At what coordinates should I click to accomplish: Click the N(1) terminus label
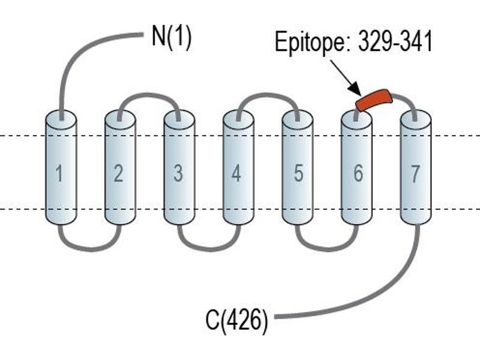tap(172, 37)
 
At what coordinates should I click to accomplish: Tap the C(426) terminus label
tap(236, 320)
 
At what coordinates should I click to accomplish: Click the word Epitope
tap(314, 43)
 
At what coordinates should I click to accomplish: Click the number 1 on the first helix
tap(59, 173)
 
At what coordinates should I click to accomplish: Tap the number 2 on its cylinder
tap(118, 173)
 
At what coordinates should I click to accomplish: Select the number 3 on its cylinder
tap(178, 173)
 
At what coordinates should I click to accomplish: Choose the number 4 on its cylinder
tap(236, 173)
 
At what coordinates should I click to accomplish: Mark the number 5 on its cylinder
tap(298, 173)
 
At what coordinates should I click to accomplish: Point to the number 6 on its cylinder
tap(358, 173)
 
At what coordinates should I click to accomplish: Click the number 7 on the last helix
tap(415, 173)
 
